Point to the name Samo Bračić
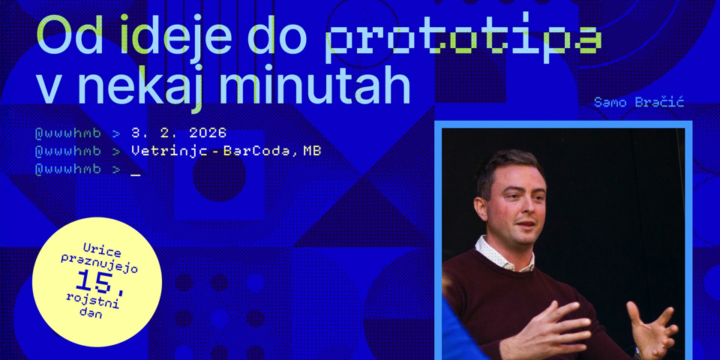[638, 102]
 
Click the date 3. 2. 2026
[178, 133]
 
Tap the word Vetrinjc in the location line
[167, 151]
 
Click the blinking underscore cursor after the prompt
[136, 172]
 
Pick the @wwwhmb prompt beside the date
[67, 133]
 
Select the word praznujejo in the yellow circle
[99, 264]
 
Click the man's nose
[529, 209]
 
